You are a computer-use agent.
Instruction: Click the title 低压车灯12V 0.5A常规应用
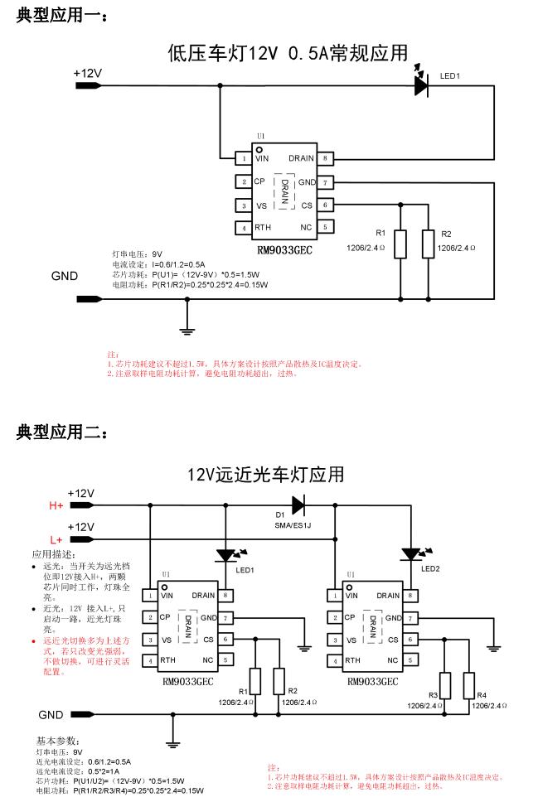288,54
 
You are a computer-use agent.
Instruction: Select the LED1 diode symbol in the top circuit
422,85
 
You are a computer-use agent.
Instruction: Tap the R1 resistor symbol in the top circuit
400,243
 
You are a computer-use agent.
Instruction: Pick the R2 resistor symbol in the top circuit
428,243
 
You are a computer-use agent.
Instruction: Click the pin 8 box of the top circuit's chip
326,157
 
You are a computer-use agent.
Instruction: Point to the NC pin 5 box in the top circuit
326,227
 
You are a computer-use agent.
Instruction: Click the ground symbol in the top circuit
187,330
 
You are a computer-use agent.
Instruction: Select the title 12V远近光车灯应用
265,475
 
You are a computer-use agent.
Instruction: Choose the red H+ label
57,505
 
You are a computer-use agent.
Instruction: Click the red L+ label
57,539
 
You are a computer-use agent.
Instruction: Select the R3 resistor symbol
445,685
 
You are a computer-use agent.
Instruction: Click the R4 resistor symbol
469,685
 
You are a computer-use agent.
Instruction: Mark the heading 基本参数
57,740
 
